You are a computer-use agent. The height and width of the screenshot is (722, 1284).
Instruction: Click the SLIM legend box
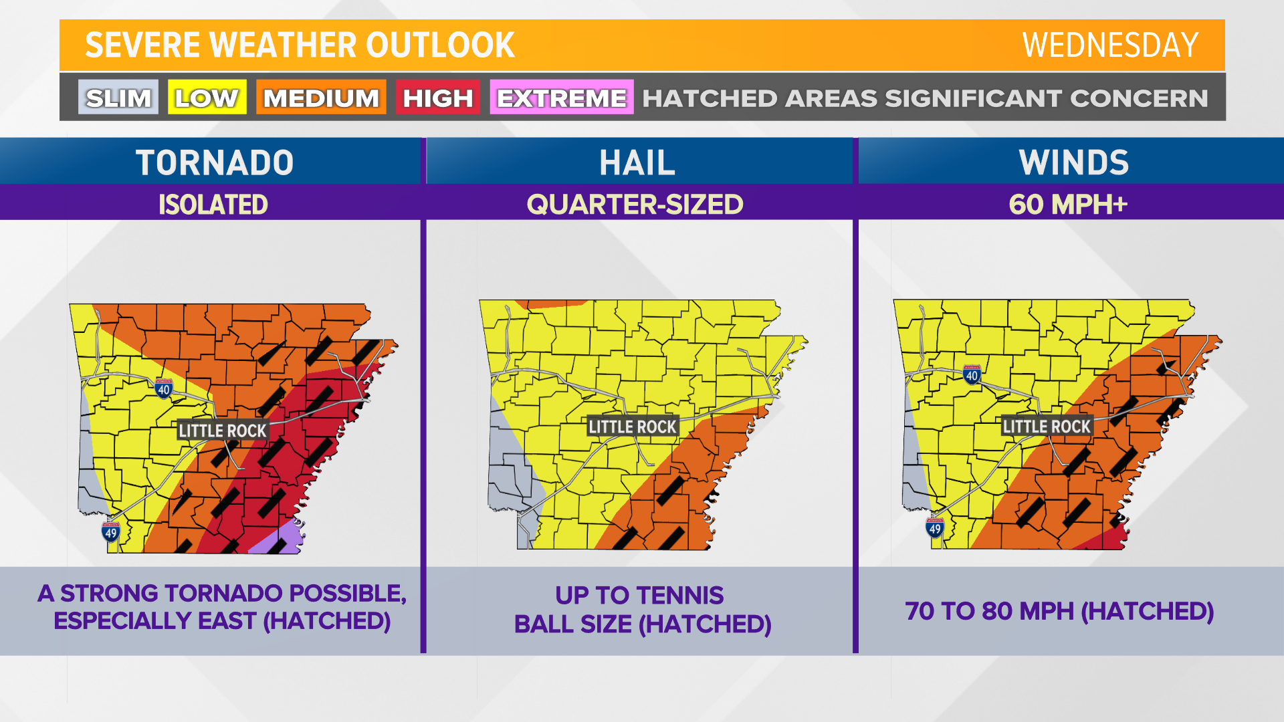click(x=118, y=98)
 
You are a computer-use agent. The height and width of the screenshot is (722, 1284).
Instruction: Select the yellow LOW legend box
click(x=207, y=98)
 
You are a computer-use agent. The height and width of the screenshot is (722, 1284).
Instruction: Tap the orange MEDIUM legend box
click(x=321, y=98)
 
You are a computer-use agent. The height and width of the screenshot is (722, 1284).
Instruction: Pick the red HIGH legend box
click(x=437, y=98)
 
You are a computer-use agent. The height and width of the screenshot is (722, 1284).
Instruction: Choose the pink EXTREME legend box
click(x=561, y=98)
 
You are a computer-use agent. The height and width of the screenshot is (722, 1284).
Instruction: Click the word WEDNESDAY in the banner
click(x=1109, y=45)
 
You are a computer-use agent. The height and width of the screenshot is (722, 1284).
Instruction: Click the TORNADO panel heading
click(x=214, y=162)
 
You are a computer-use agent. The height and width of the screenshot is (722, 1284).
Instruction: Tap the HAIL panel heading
click(x=637, y=162)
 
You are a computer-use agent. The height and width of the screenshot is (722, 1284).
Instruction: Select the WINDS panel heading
click(x=1073, y=162)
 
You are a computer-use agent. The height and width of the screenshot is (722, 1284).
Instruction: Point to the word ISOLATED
click(x=213, y=205)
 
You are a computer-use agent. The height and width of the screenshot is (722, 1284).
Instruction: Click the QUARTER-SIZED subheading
click(x=635, y=205)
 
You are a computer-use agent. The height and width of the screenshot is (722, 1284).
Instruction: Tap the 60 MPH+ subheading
click(x=1068, y=205)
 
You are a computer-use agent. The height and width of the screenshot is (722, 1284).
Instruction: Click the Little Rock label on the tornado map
click(x=223, y=431)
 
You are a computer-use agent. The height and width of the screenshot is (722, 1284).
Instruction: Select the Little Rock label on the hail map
click(x=632, y=427)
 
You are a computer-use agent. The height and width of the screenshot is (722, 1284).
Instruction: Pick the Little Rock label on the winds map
click(x=1047, y=427)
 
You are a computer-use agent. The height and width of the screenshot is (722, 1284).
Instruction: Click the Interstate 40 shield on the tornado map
click(x=164, y=388)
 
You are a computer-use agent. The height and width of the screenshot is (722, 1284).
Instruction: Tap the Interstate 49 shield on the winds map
click(x=935, y=528)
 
